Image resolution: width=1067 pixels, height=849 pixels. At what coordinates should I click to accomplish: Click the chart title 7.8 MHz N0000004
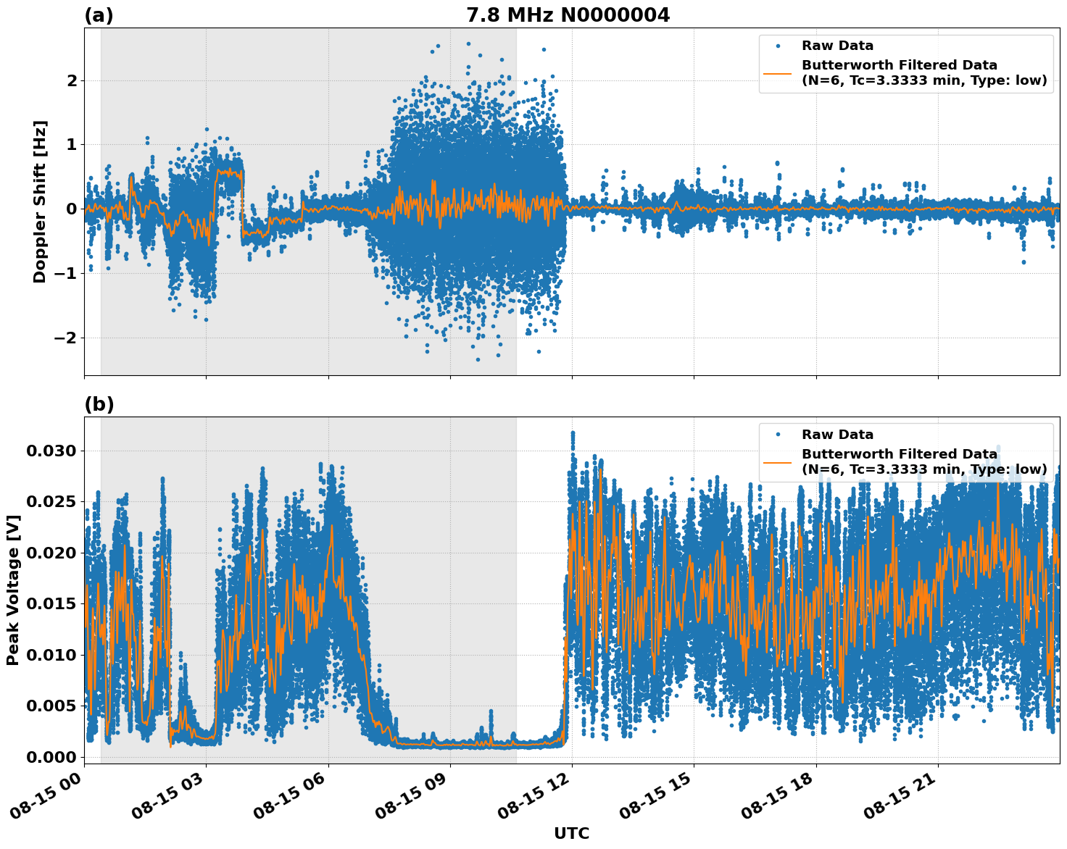tap(568, 15)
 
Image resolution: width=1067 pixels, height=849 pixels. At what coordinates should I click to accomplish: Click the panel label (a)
tap(99, 15)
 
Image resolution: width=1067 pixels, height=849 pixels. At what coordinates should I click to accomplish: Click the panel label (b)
tap(99, 404)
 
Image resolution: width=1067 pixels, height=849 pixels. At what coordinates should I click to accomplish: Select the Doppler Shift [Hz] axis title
tap(40, 201)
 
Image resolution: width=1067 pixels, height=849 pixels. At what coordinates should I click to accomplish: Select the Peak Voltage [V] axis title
tap(12, 590)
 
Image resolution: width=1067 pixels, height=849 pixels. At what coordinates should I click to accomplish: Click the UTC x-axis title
tap(571, 833)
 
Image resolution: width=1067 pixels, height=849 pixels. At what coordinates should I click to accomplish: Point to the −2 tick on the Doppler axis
tap(66, 338)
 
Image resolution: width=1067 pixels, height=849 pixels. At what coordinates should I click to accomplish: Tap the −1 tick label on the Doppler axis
tap(66, 274)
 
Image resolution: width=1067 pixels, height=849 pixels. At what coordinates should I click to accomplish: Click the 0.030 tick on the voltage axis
tap(51, 451)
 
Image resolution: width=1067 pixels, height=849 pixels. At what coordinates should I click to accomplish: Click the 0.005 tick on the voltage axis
tap(51, 706)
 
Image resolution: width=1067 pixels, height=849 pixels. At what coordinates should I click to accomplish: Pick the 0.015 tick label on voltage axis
tap(51, 604)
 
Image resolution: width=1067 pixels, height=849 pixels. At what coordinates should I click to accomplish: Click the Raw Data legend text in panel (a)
tap(837, 46)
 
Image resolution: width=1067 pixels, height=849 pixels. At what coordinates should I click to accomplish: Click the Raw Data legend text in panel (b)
tap(837, 435)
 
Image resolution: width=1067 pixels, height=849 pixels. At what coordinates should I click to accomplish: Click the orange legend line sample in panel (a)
tap(779, 73)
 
